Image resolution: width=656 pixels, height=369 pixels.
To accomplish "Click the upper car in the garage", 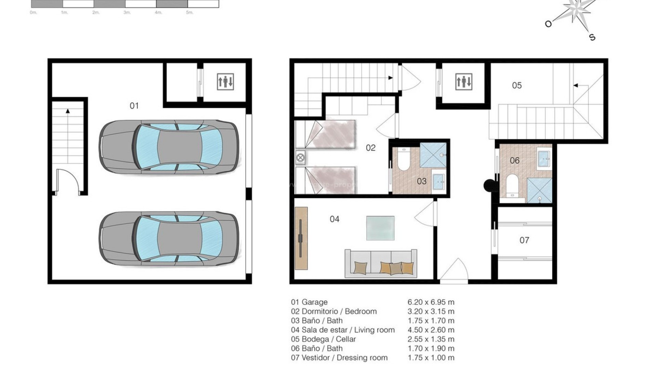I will pyautogui.click(x=169, y=147).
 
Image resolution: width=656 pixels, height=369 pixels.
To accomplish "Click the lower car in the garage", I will pyautogui.click(x=169, y=238).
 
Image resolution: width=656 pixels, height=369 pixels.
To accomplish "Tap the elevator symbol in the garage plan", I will pyautogui.click(x=225, y=82).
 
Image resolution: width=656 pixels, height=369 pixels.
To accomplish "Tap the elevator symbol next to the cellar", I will pyautogui.click(x=464, y=82).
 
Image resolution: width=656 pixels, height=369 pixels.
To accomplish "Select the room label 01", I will pyautogui.click(x=134, y=106).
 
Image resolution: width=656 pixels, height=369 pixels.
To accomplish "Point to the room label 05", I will pyautogui.click(x=517, y=85).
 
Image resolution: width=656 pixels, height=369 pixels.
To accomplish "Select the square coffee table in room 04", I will pyautogui.click(x=380, y=228).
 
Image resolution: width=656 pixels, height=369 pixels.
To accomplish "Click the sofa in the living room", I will pyautogui.click(x=381, y=263).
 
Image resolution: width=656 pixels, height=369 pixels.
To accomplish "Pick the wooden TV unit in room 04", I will pyautogui.click(x=301, y=238).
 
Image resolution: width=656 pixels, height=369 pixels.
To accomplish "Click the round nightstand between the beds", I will pyautogui.click(x=301, y=158).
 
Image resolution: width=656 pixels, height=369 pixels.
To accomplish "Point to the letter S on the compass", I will pyautogui.click(x=592, y=37).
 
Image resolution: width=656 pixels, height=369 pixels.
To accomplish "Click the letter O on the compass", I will pyautogui.click(x=548, y=24).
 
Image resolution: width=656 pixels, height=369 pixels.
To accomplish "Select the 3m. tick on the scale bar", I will pyautogui.click(x=127, y=13).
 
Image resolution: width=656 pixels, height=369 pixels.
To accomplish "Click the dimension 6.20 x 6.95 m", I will pyautogui.click(x=431, y=302).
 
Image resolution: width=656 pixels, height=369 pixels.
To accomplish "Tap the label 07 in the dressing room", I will pyautogui.click(x=524, y=240).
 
